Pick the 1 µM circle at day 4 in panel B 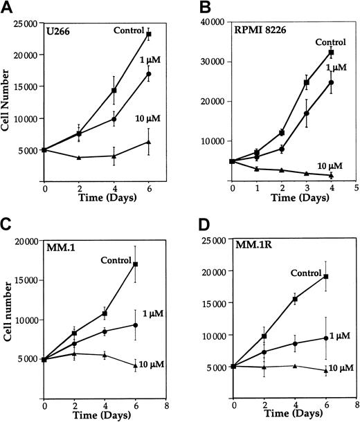(332, 82)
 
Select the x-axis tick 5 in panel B (356, 187)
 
